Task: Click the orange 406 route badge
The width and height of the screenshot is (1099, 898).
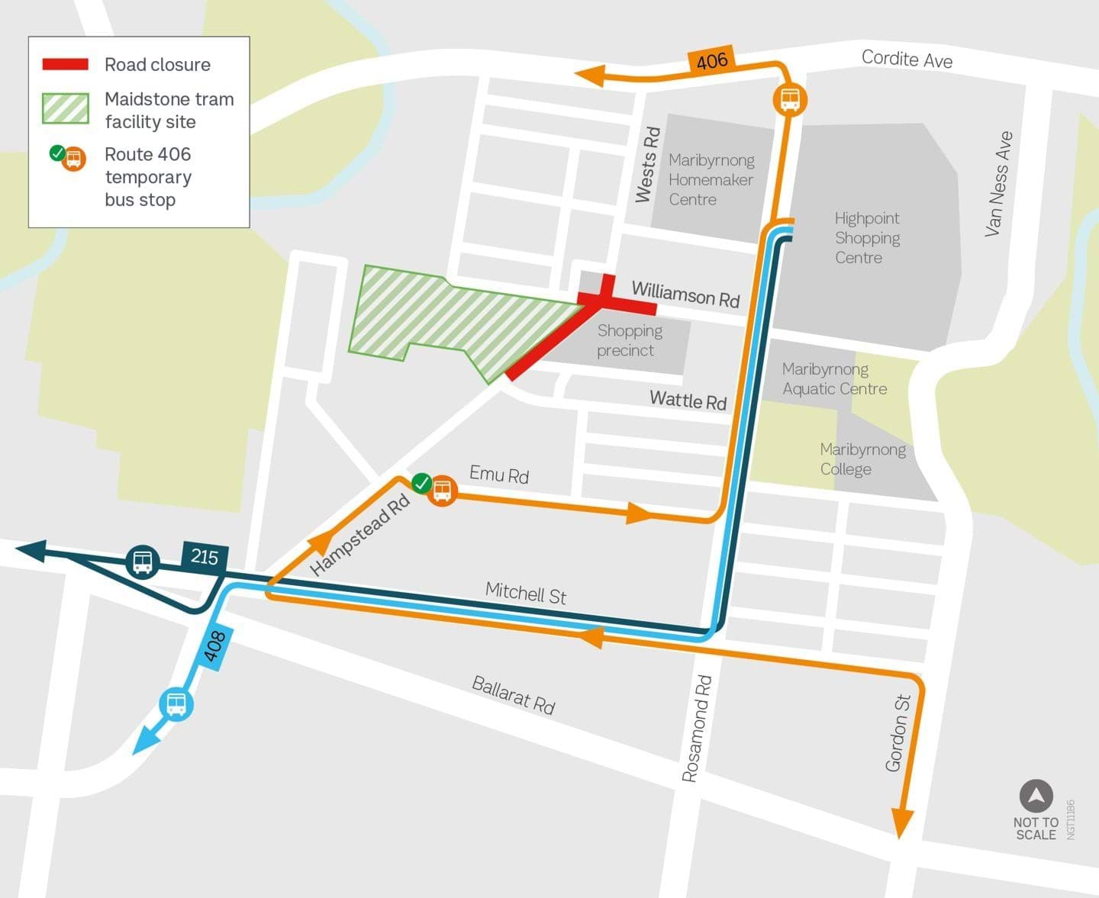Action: tap(711, 61)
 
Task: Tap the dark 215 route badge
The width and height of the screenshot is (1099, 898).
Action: tap(205, 557)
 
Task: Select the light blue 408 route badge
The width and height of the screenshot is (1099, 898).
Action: tap(214, 647)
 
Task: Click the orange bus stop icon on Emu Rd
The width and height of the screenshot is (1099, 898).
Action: tap(442, 491)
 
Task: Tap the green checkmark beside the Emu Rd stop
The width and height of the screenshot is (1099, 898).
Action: tap(421, 483)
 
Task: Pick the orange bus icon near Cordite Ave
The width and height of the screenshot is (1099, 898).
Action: tap(790, 99)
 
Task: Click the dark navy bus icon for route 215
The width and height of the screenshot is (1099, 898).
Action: tap(142, 562)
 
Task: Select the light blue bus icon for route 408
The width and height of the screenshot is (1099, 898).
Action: tap(176, 703)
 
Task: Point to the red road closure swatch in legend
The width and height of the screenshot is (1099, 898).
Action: tap(66, 65)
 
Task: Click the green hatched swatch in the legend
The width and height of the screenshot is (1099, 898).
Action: tap(66, 108)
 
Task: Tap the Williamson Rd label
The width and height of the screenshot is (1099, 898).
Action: tap(685, 294)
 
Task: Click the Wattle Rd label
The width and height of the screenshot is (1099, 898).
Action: tap(688, 400)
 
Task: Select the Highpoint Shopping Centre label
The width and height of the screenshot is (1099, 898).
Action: tap(866, 238)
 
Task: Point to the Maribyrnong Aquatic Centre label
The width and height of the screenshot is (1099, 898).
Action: tap(834, 379)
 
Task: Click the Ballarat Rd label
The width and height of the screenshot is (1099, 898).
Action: tap(513, 695)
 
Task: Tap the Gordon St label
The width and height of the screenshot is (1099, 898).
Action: tap(898, 732)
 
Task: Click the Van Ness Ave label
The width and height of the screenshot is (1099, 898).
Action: tap(998, 184)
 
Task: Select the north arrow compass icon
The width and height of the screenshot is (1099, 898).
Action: tap(1036, 797)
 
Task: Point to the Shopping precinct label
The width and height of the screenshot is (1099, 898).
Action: tap(629, 340)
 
